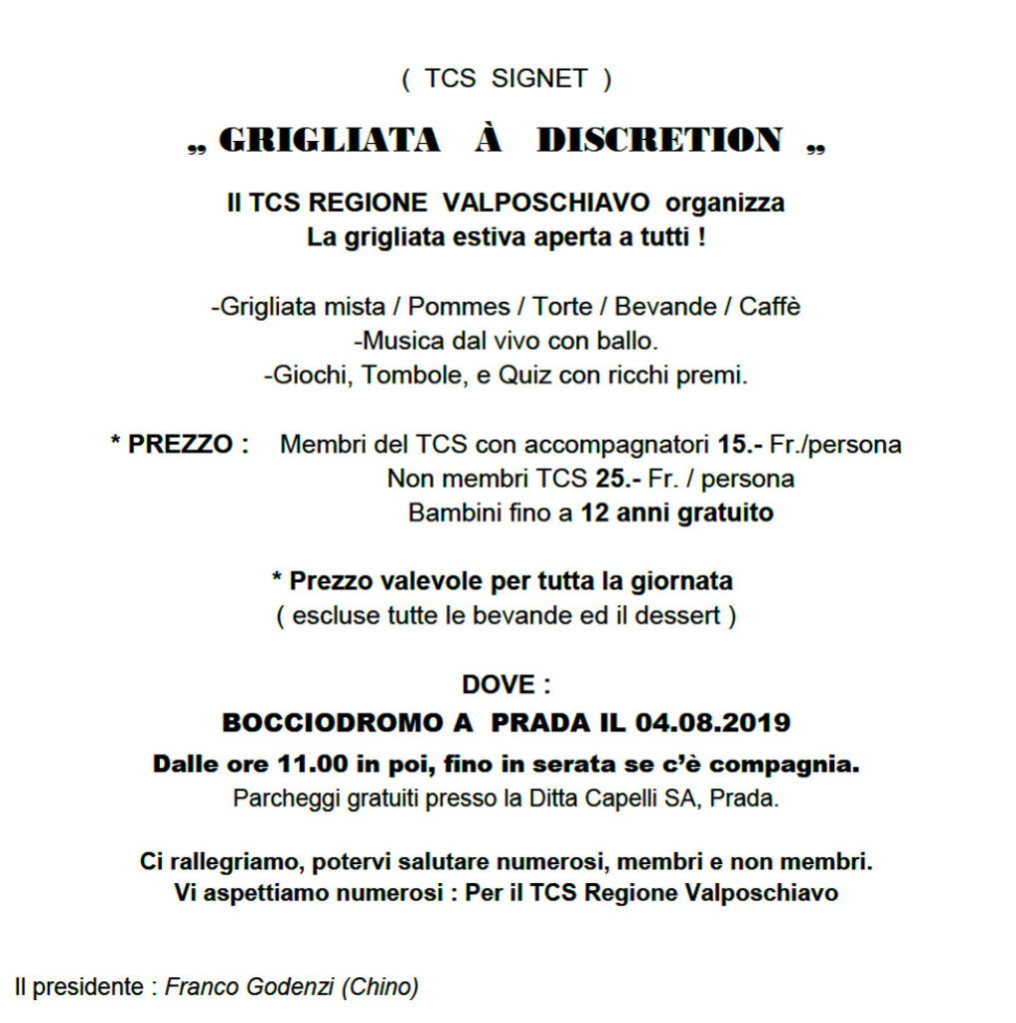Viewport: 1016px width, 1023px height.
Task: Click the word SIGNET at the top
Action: [x=539, y=80]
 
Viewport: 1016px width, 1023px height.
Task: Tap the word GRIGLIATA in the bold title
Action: [x=329, y=141]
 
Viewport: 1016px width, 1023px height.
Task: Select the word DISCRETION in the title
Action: [x=659, y=141]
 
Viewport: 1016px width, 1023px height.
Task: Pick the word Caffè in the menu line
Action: [x=769, y=307]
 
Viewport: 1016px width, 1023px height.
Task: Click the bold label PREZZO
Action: [x=180, y=445]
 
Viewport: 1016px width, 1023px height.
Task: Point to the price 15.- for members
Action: [x=741, y=445]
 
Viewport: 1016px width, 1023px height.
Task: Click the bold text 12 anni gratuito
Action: [x=677, y=513]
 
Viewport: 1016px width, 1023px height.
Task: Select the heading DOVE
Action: [x=499, y=685]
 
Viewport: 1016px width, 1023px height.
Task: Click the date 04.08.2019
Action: [x=712, y=721]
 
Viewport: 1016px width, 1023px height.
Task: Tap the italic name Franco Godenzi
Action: [x=250, y=987]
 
